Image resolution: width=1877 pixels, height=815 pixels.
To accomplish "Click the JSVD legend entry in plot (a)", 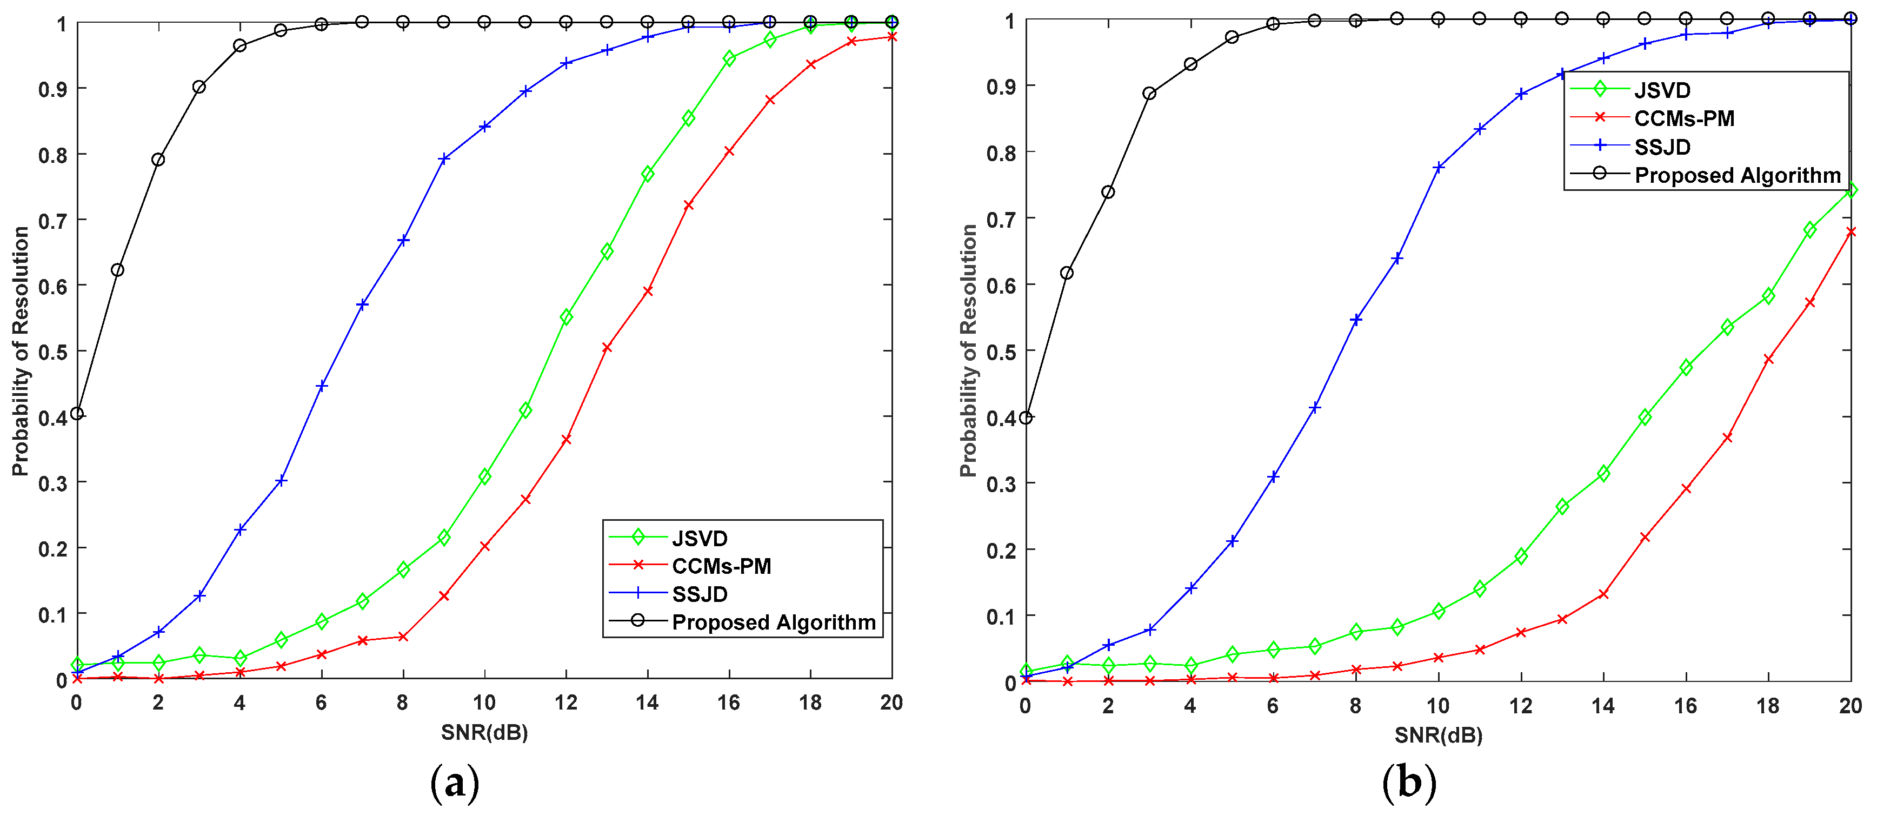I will pyautogui.click(x=699, y=538).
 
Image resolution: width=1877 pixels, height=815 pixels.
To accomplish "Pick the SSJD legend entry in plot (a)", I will pyautogui.click(x=699, y=594).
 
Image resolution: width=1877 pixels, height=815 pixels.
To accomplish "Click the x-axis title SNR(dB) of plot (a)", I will pyautogui.click(x=484, y=732).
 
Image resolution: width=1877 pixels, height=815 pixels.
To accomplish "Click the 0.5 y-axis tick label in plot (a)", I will pyautogui.click(x=52, y=352).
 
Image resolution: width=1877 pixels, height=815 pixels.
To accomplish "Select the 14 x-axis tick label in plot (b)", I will pyautogui.click(x=1602, y=706).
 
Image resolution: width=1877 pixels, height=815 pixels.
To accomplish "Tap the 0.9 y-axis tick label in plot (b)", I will pyautogui.click(x=1001, y=86).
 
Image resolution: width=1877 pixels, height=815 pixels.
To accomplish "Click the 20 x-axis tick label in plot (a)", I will pyautogui.click(x=891, y=703).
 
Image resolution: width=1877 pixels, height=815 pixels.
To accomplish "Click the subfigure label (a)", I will pyautogui.click(x=455, y=784).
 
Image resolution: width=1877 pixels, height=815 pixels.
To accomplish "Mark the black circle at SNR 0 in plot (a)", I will pyautogui.click(x=77, y=413).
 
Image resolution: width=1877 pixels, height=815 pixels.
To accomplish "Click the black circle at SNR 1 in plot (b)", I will pyautogui.click(x=1067, y=273).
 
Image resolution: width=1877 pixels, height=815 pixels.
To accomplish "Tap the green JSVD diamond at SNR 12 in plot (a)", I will pyautogui.click(x=566, y=317).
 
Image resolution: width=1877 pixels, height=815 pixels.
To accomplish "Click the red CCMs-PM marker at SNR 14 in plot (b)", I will pyautogui.click(x=1603, y=594).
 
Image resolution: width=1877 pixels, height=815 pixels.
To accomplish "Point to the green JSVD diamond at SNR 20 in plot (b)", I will pyautogui.click(x=1850, y=190).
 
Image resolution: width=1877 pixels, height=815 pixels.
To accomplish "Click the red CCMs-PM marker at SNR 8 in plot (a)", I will pyautogui.click(x=403, y=637).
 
